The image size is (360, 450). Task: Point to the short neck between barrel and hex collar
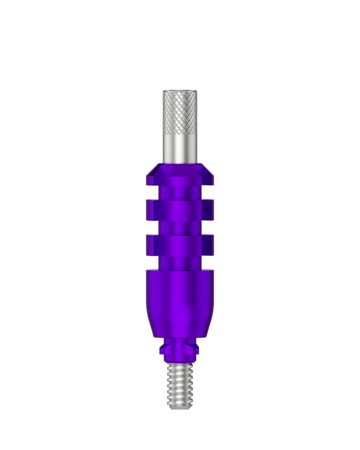pos(180,341)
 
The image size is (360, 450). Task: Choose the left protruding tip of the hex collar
pos(161,350)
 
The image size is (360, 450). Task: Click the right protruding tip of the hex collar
pos(198,350)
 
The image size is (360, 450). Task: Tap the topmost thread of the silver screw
pos(180,367)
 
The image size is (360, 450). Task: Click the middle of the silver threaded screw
pos(180,385)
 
